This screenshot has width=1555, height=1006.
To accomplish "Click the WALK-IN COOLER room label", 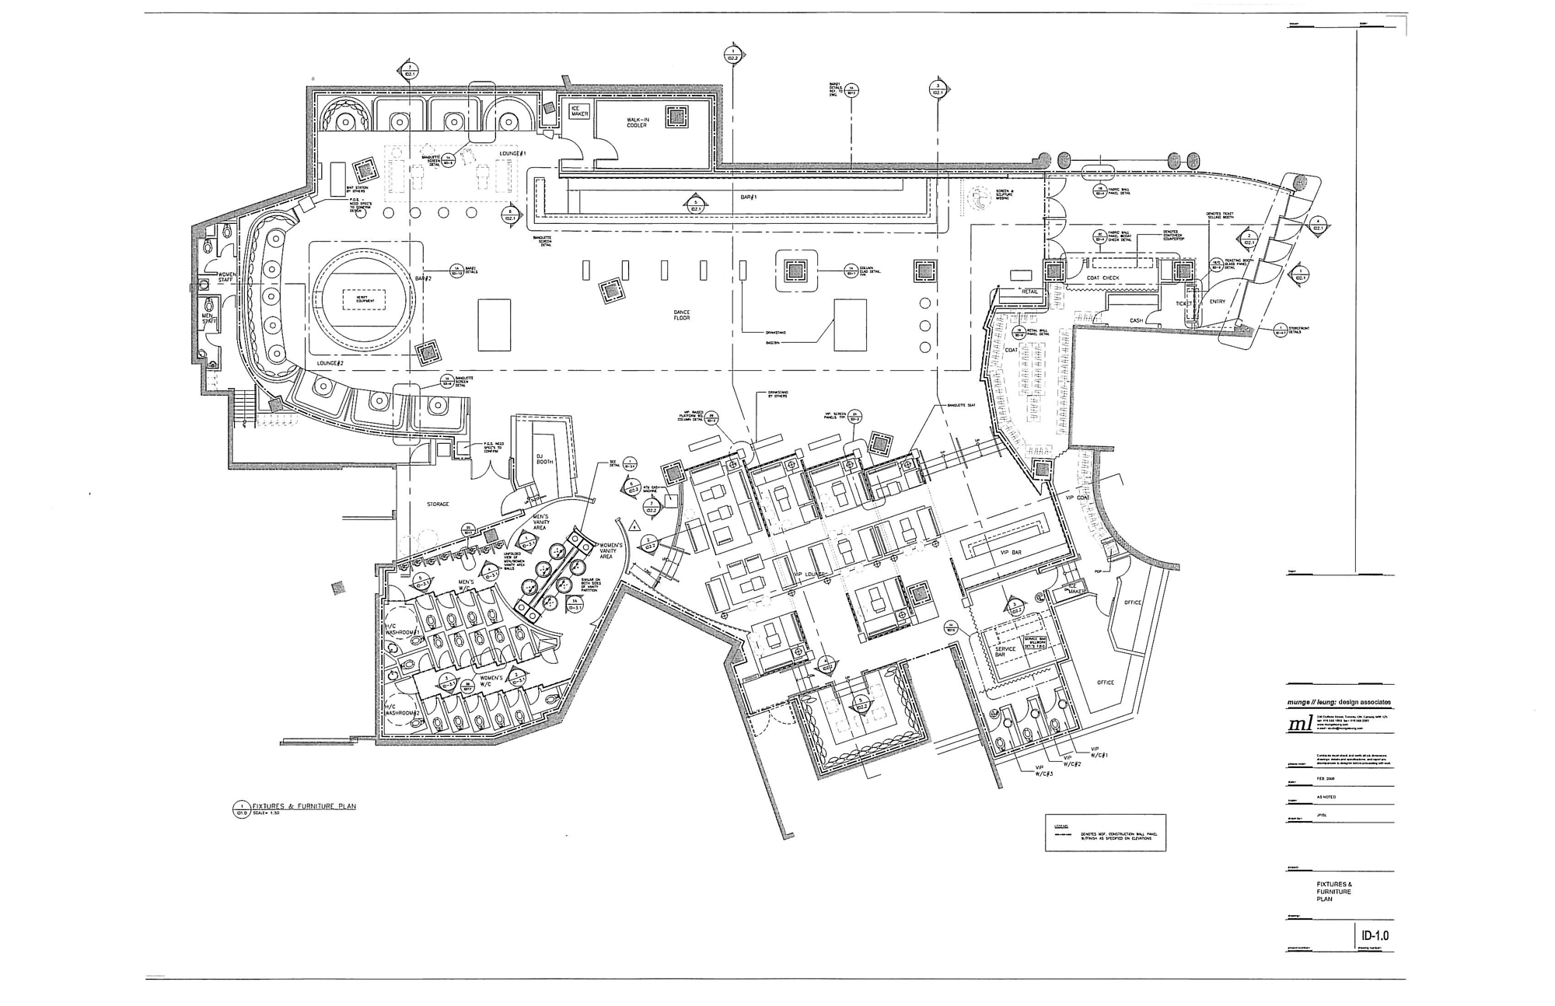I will (637, 123).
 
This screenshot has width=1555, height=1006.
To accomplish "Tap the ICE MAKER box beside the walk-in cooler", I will (580, 112).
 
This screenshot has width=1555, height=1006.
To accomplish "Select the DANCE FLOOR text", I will (682, 315).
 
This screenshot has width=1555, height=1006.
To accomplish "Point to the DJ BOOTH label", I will (544, 459).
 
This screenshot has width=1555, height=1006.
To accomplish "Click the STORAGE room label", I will (438, 505).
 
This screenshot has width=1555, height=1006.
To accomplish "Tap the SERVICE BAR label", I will (1005, 651).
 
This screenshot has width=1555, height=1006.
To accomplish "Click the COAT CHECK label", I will (1102, 278).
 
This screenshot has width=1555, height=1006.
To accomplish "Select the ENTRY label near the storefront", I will (1217, 302).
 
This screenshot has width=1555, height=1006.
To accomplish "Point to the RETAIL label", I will (1029, 292).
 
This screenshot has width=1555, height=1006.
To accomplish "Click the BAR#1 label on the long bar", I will (748, 197).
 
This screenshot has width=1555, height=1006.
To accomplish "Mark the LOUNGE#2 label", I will (330, 363).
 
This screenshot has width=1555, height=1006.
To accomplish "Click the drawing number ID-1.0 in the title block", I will (1375, 935).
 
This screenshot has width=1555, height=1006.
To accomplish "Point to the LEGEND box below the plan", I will (1105, 833).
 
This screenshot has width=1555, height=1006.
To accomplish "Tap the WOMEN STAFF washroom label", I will (226, 277).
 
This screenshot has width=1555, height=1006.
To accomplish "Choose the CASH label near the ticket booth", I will (1136, 320).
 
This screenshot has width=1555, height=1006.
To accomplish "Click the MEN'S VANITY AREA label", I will (540, 522).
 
